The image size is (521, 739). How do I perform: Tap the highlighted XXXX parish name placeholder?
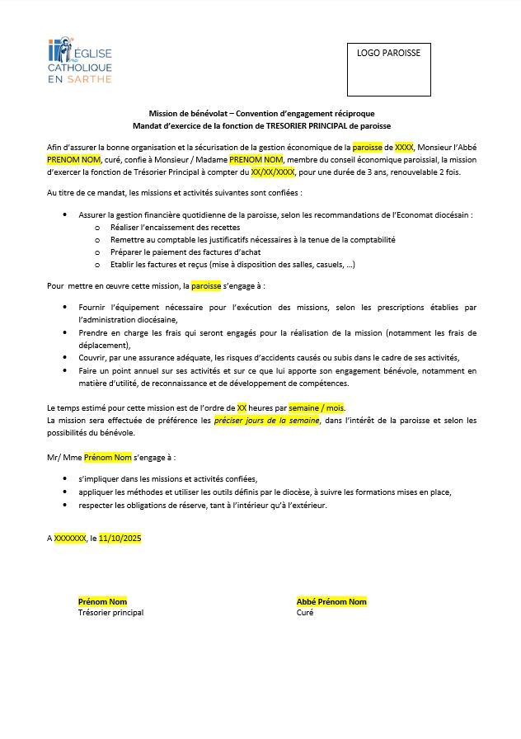click(x=404, y=147)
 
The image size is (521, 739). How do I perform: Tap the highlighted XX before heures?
click(x=242, y=408)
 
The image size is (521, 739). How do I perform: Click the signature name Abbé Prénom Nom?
click(x=331, y=602)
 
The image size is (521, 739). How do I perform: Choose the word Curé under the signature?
click(x=305, y=613)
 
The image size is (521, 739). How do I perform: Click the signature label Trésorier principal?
click(x=110, y=613)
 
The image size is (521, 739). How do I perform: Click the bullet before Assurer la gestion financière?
click(x=66, y=214)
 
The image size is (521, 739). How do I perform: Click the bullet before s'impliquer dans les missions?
click(x=66, y=479)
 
